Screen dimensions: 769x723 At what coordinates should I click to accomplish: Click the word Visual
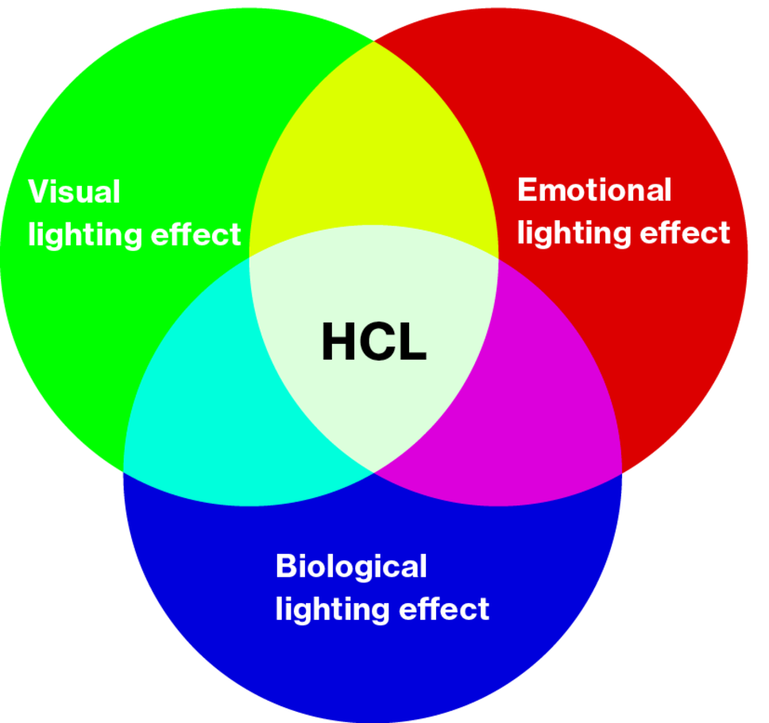click(74, 191)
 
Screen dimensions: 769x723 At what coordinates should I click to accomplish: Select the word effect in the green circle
click(196, 234)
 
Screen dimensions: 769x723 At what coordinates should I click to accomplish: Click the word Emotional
click(594, 190)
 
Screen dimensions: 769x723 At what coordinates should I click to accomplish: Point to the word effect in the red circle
click(685, 233)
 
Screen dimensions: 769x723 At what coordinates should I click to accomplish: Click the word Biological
click(351, 566)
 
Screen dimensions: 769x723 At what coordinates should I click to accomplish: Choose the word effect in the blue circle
click(444, 609)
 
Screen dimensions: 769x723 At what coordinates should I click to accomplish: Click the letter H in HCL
click(338, 342)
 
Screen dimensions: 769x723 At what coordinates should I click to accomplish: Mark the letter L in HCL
click(412, 342)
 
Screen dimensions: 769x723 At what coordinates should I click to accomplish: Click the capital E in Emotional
click(527, 190)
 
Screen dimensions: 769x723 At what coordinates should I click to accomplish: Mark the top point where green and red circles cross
click(374, 41)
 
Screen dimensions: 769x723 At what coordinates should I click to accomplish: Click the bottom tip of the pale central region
click(374, 473)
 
